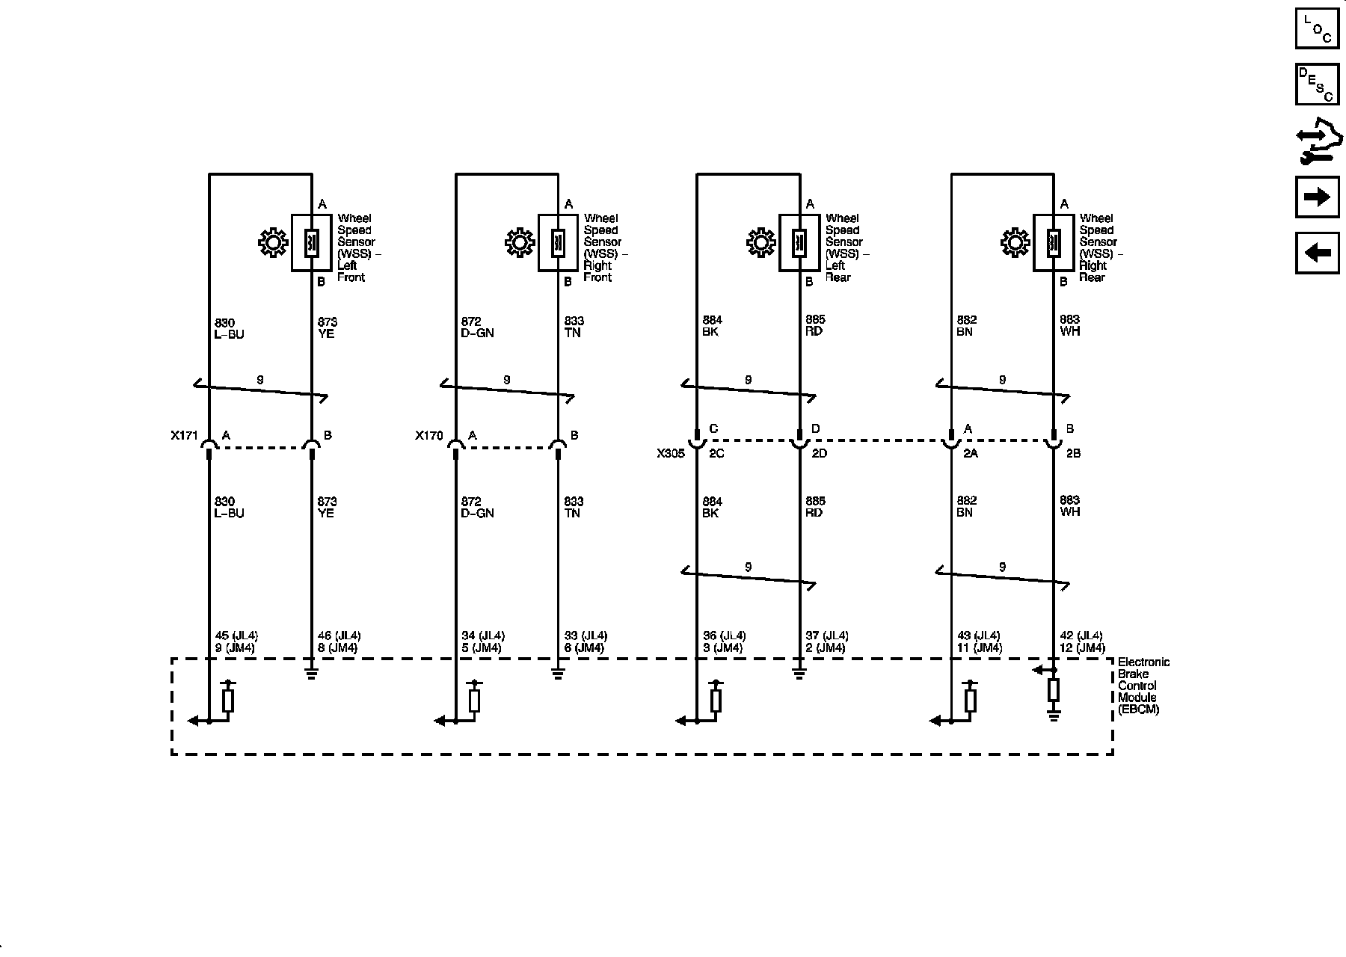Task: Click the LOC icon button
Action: (1317, 28)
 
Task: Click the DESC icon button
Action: (1317, 84)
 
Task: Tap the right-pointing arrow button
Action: (1317, 197)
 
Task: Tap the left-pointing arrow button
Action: (1317, 253)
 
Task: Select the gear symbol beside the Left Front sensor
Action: (273, 243)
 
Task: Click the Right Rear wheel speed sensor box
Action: (1053, 243)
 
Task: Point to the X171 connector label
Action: (183, 435)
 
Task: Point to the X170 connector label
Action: (429, 435)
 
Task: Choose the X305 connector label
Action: (671, 453)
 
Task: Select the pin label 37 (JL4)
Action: (827, 636)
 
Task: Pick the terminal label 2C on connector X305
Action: (716, 453)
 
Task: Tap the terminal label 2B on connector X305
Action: (1073, 453)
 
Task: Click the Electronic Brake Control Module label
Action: (1143, 686)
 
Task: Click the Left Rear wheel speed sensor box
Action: (799, 243)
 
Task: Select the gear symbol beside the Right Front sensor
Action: (520, 243)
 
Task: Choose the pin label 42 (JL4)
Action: (1081, 636)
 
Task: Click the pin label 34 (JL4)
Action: (483, 636)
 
